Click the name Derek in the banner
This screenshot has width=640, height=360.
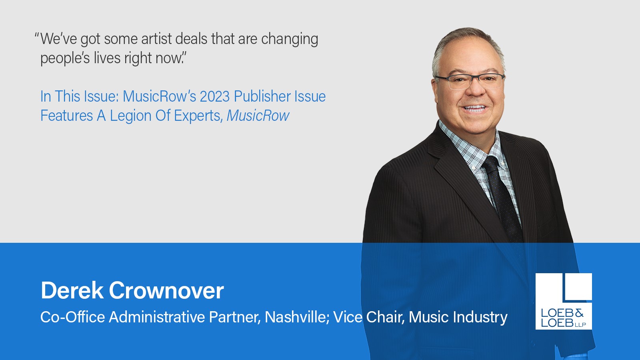[x=72, y=290]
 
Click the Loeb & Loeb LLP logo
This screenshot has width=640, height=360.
[x=564, y=301]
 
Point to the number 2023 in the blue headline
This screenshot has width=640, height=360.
[x=214, y=96]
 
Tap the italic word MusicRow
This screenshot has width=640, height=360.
[x=258, y=116]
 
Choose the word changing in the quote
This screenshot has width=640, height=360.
[x=290, y=39]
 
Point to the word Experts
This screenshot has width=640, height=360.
[x=198, y=116]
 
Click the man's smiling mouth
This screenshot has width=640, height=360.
[x=474, y=108]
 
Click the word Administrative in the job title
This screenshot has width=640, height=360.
[x=157, y=317]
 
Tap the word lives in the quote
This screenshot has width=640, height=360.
[x=107, y=58]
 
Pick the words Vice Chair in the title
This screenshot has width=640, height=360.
[x=368, y=317]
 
